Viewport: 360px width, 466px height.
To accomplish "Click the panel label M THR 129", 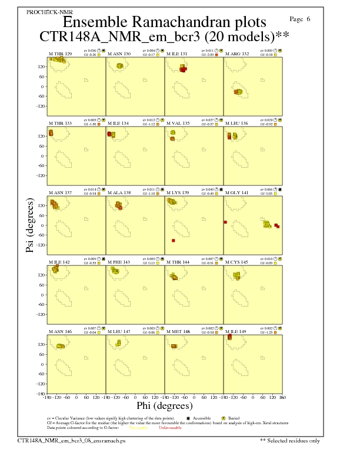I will tap(61, 54).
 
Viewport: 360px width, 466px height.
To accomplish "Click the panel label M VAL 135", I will tap(178, 123).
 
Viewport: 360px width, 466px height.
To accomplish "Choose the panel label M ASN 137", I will tap(61, 192).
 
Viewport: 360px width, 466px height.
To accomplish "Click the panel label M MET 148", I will tap(178, 331).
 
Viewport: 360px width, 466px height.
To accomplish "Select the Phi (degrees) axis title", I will tap(164, 406).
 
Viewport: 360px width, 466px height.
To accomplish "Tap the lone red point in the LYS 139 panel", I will tap(174, 241).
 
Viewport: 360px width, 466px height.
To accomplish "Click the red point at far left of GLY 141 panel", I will tap(225, 222).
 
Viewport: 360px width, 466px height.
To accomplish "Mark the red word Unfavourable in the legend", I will tap(170, 428).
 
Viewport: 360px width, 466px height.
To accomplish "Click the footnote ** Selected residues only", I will tap(291, 440).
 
